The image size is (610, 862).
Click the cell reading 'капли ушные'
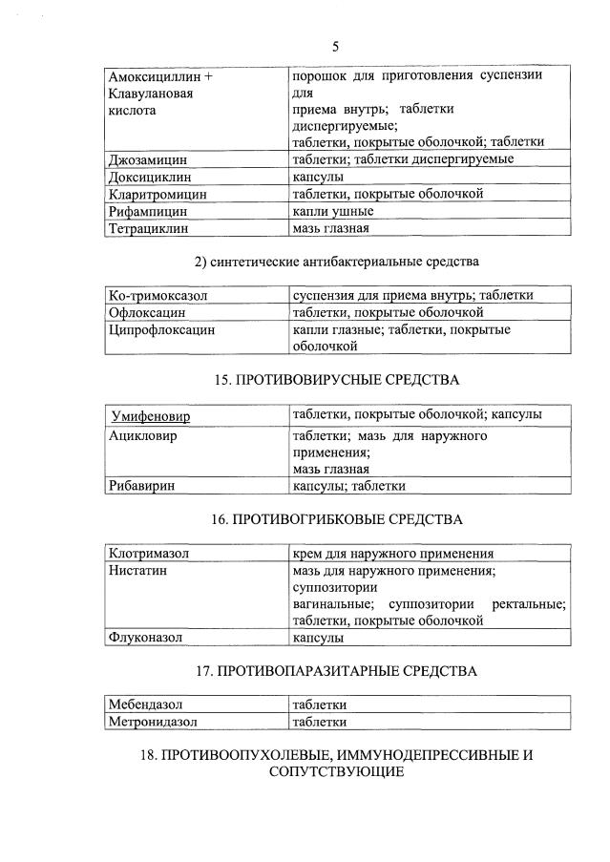click(x=332, y=211)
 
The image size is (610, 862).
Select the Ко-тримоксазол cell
click(x=158, y=296)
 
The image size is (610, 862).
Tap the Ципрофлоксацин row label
click(x=161, y=330)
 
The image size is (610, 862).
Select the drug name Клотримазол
click(x=149, y=554)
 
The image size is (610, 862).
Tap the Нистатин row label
click(x=138, y=571)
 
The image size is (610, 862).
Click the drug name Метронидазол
click(x=153, y=723)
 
